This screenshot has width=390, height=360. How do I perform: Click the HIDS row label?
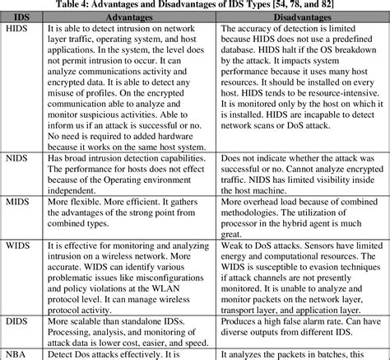[x=17, y=29]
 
